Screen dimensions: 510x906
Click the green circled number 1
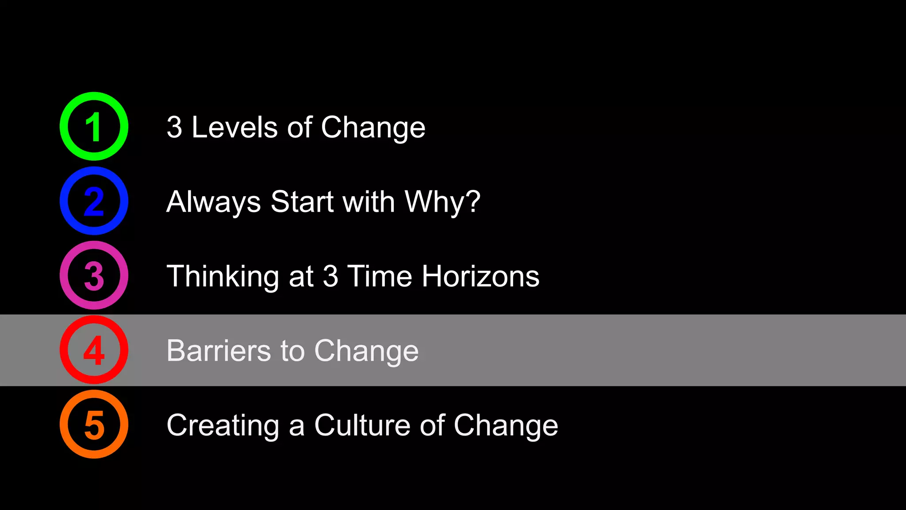(94, 127)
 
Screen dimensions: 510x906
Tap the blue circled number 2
(94, 201)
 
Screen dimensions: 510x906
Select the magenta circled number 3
(94, 275)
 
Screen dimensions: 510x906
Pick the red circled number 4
(94, 350)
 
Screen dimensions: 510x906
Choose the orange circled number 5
(94, 424)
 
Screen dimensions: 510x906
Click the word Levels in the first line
(234, 127)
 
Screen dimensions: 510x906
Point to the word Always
(213, 202)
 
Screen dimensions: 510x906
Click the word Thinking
(223, 276)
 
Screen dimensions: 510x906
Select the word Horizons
(480, 276)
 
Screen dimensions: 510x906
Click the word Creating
(223, 425)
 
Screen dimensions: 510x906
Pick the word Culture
(362, 425)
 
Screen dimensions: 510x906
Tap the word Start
(302, 202)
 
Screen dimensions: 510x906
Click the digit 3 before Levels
(174, 127)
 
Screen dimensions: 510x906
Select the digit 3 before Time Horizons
(330, 276)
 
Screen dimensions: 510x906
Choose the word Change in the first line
(373, 127)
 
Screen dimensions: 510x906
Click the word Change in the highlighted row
(366, 351)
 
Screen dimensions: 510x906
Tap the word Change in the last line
(506, 425)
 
